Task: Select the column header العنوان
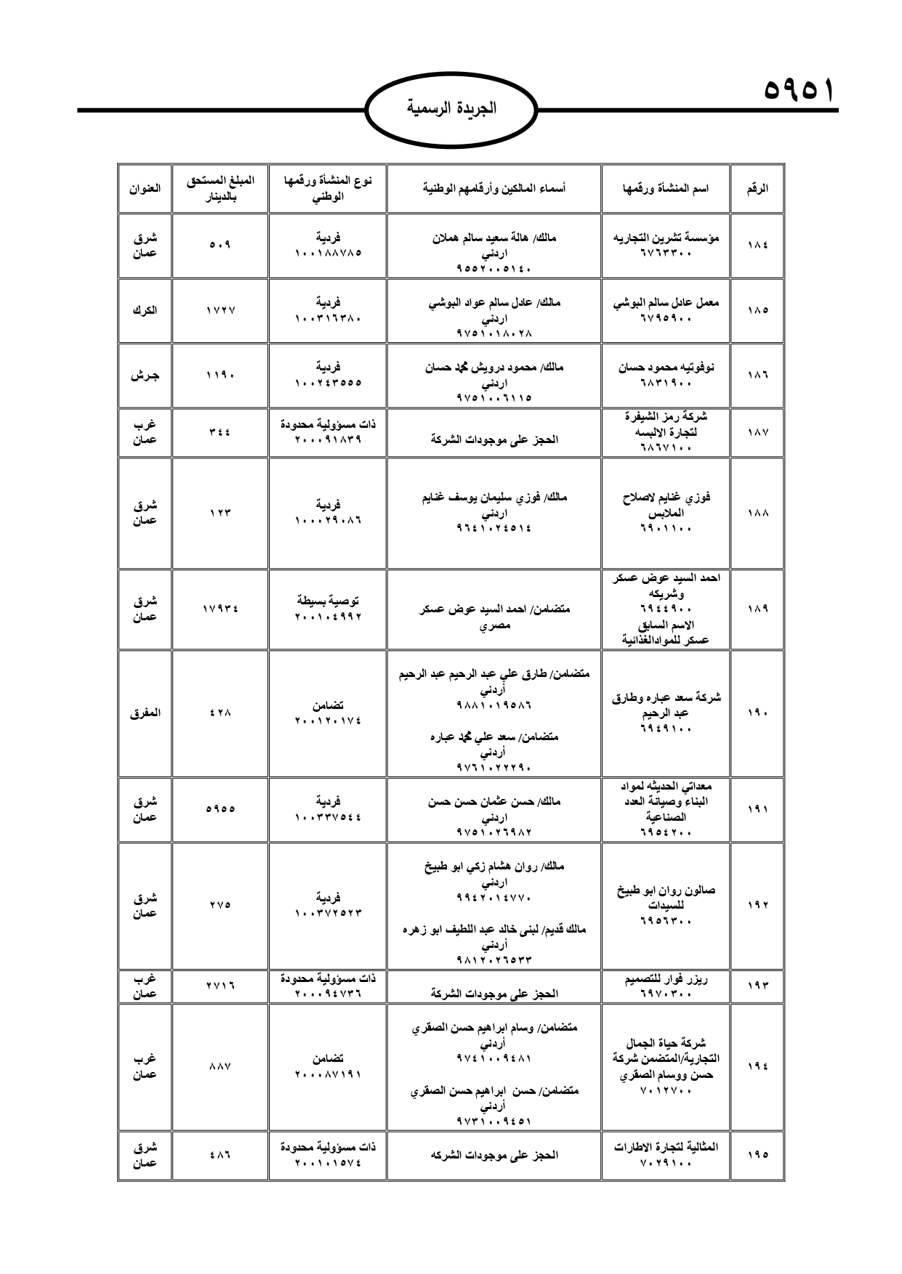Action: click(145, 188)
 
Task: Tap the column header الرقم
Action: click(757, 188)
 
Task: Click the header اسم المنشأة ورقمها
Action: click(666, 188)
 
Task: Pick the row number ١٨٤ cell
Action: click(757, 246)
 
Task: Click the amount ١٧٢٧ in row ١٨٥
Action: click(220, 310)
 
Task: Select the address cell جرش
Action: click(145, 376)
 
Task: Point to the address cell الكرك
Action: click(145, 310)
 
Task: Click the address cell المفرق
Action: click(145, 713)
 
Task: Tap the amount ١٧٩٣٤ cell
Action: click(220, 609)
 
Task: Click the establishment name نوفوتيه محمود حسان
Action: click(666, 368)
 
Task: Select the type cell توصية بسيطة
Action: click(328, 601)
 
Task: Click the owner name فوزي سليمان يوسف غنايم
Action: click(494, 498)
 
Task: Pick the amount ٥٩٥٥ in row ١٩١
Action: click(220, 809)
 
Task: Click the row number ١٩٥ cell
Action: click(757, 1155)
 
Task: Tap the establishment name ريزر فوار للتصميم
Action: click(666, 979)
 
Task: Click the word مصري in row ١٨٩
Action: click(494, 625)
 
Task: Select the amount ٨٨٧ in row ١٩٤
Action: click(220, 1066)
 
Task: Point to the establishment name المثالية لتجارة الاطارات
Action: click(666, 1147)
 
